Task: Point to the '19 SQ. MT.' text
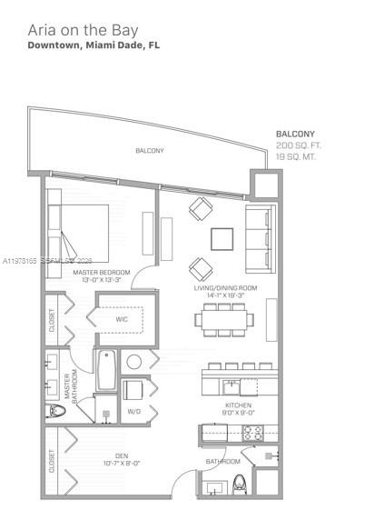(x=296, y=156)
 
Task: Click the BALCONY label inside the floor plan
(x=149, y=151)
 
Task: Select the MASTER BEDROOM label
(x=101, y=272)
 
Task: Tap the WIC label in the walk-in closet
(x=122, y=319)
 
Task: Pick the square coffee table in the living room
(x=222, y=238)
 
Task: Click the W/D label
(x=133, y=410)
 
